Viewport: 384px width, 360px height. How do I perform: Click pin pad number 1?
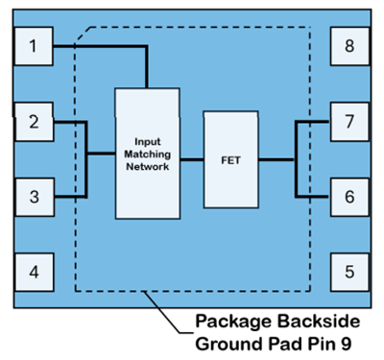(35, 45)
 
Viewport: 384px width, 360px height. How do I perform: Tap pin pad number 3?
(35, 197)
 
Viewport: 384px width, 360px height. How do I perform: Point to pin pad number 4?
(35, 272)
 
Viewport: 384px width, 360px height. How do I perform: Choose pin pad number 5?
(349, 272)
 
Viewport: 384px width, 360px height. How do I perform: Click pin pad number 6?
(349, 197)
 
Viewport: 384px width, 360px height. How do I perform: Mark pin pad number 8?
(349, 45)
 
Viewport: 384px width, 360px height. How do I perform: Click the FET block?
(229, 159)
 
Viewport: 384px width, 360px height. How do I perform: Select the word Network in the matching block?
(146, 166)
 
